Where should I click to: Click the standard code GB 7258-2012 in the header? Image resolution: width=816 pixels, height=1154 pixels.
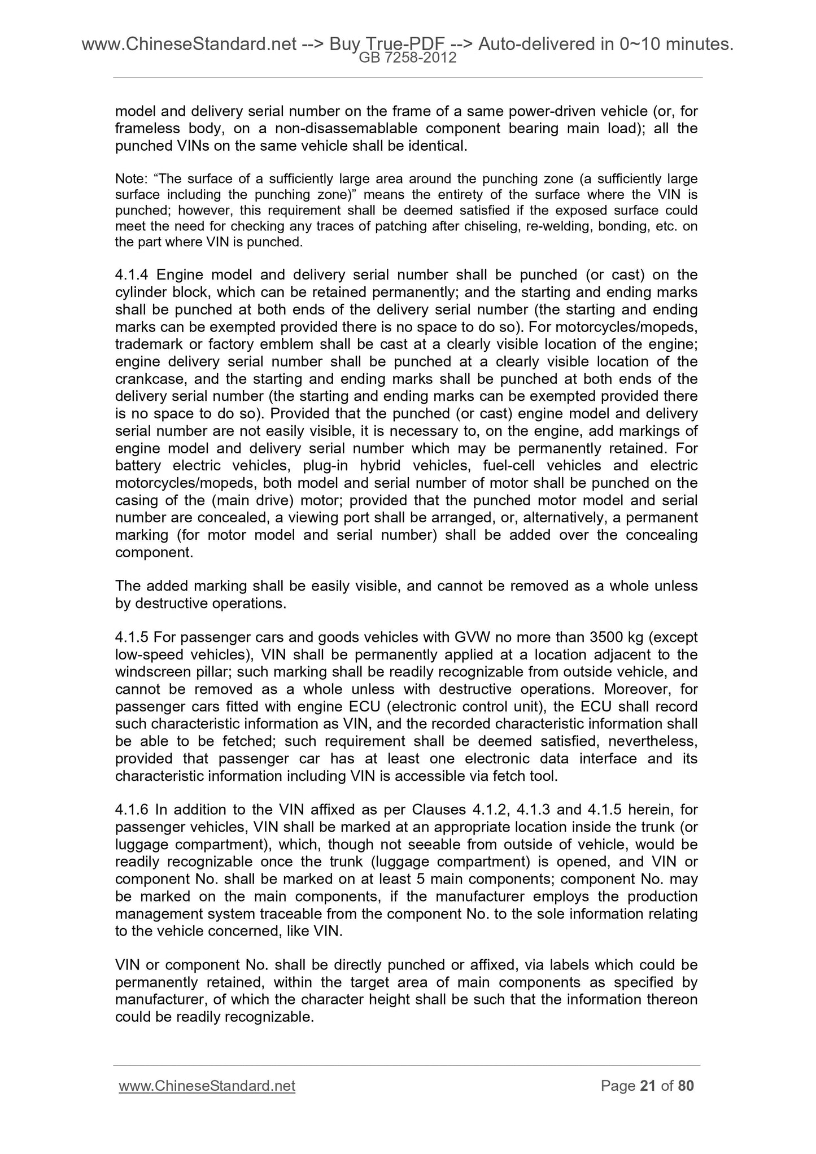(x=408, y=58)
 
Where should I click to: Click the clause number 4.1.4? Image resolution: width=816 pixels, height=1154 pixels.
(x=132, y=276)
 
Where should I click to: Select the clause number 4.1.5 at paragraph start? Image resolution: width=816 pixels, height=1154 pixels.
(x=132, y=637)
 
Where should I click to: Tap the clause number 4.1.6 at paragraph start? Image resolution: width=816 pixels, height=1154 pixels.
(x=132, y=810)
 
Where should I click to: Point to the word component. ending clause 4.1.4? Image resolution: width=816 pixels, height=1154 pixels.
(x=154, y=552)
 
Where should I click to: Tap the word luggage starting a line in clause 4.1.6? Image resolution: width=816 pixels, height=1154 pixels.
(x=142, y=845)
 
